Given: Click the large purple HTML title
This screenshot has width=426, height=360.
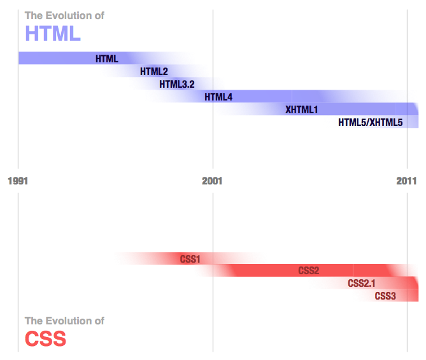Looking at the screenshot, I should pyautogui.click(x=52, y=32).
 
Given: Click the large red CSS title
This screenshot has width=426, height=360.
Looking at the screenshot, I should pyautogui.click(x=45, y=338).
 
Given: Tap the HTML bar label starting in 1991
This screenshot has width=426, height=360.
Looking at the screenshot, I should pyautogui.click(x=106, y=59).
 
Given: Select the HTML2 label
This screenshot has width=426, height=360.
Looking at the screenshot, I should pyautogui.click(x=153, y=71).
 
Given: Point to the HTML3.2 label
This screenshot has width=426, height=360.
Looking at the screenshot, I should pyautogui.click(x=176, y=84).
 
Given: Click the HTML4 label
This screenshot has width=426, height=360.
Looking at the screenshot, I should pyautogui.click(x=218, y=97).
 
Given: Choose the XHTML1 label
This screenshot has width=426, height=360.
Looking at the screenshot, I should pyautogui.click(x=301, y=109).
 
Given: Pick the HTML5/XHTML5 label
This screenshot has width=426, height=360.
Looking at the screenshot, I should pyautogui.click(x=370, y=122).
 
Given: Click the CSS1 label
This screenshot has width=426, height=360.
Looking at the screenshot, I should pyautogui.click(x=190, y=259).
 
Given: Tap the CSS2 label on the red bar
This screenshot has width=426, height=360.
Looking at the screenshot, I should pyautogui.click(x=308, y=271).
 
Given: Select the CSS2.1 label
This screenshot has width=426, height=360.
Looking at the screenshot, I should pyautogui.click(x=361, y=283).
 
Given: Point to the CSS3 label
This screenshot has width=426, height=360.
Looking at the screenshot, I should pyautogui.click(x=385, y=296).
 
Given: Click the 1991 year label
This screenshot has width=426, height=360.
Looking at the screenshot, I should pyautogui.click(x=18, y=181).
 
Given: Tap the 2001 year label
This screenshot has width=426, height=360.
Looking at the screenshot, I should pyautogui.click(x=212, y=181).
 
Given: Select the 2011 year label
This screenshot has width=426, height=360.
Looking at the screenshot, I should pyautogui.click(x=406, y=181).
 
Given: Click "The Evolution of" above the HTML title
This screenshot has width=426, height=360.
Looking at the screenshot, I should pyautogui.click(x=64, y=15).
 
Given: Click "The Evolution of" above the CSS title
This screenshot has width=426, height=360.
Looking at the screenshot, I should pyautogui.click(x=64, y=321).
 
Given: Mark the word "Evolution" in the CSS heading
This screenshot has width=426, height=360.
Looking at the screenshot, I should pyautogui.click(x=69, y=321).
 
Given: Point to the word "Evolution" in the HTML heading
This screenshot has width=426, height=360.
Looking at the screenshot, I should pyautogui.click(x=69, y=15).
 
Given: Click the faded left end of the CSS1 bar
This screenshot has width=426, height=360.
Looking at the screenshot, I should pyautogui.click(x=127, y=258).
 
